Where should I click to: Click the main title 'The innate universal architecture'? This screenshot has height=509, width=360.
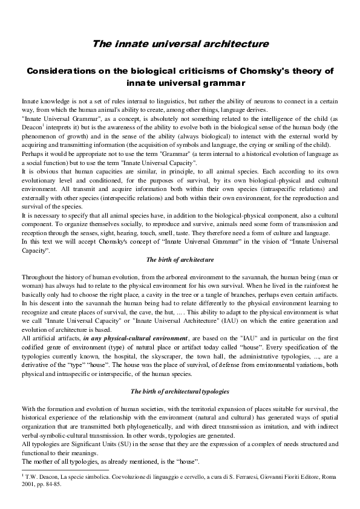click(x=180, y=44)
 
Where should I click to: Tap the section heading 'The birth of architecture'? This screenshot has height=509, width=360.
click(x=180, y=259)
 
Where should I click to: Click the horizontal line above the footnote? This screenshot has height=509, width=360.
click(x=65, y=469)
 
